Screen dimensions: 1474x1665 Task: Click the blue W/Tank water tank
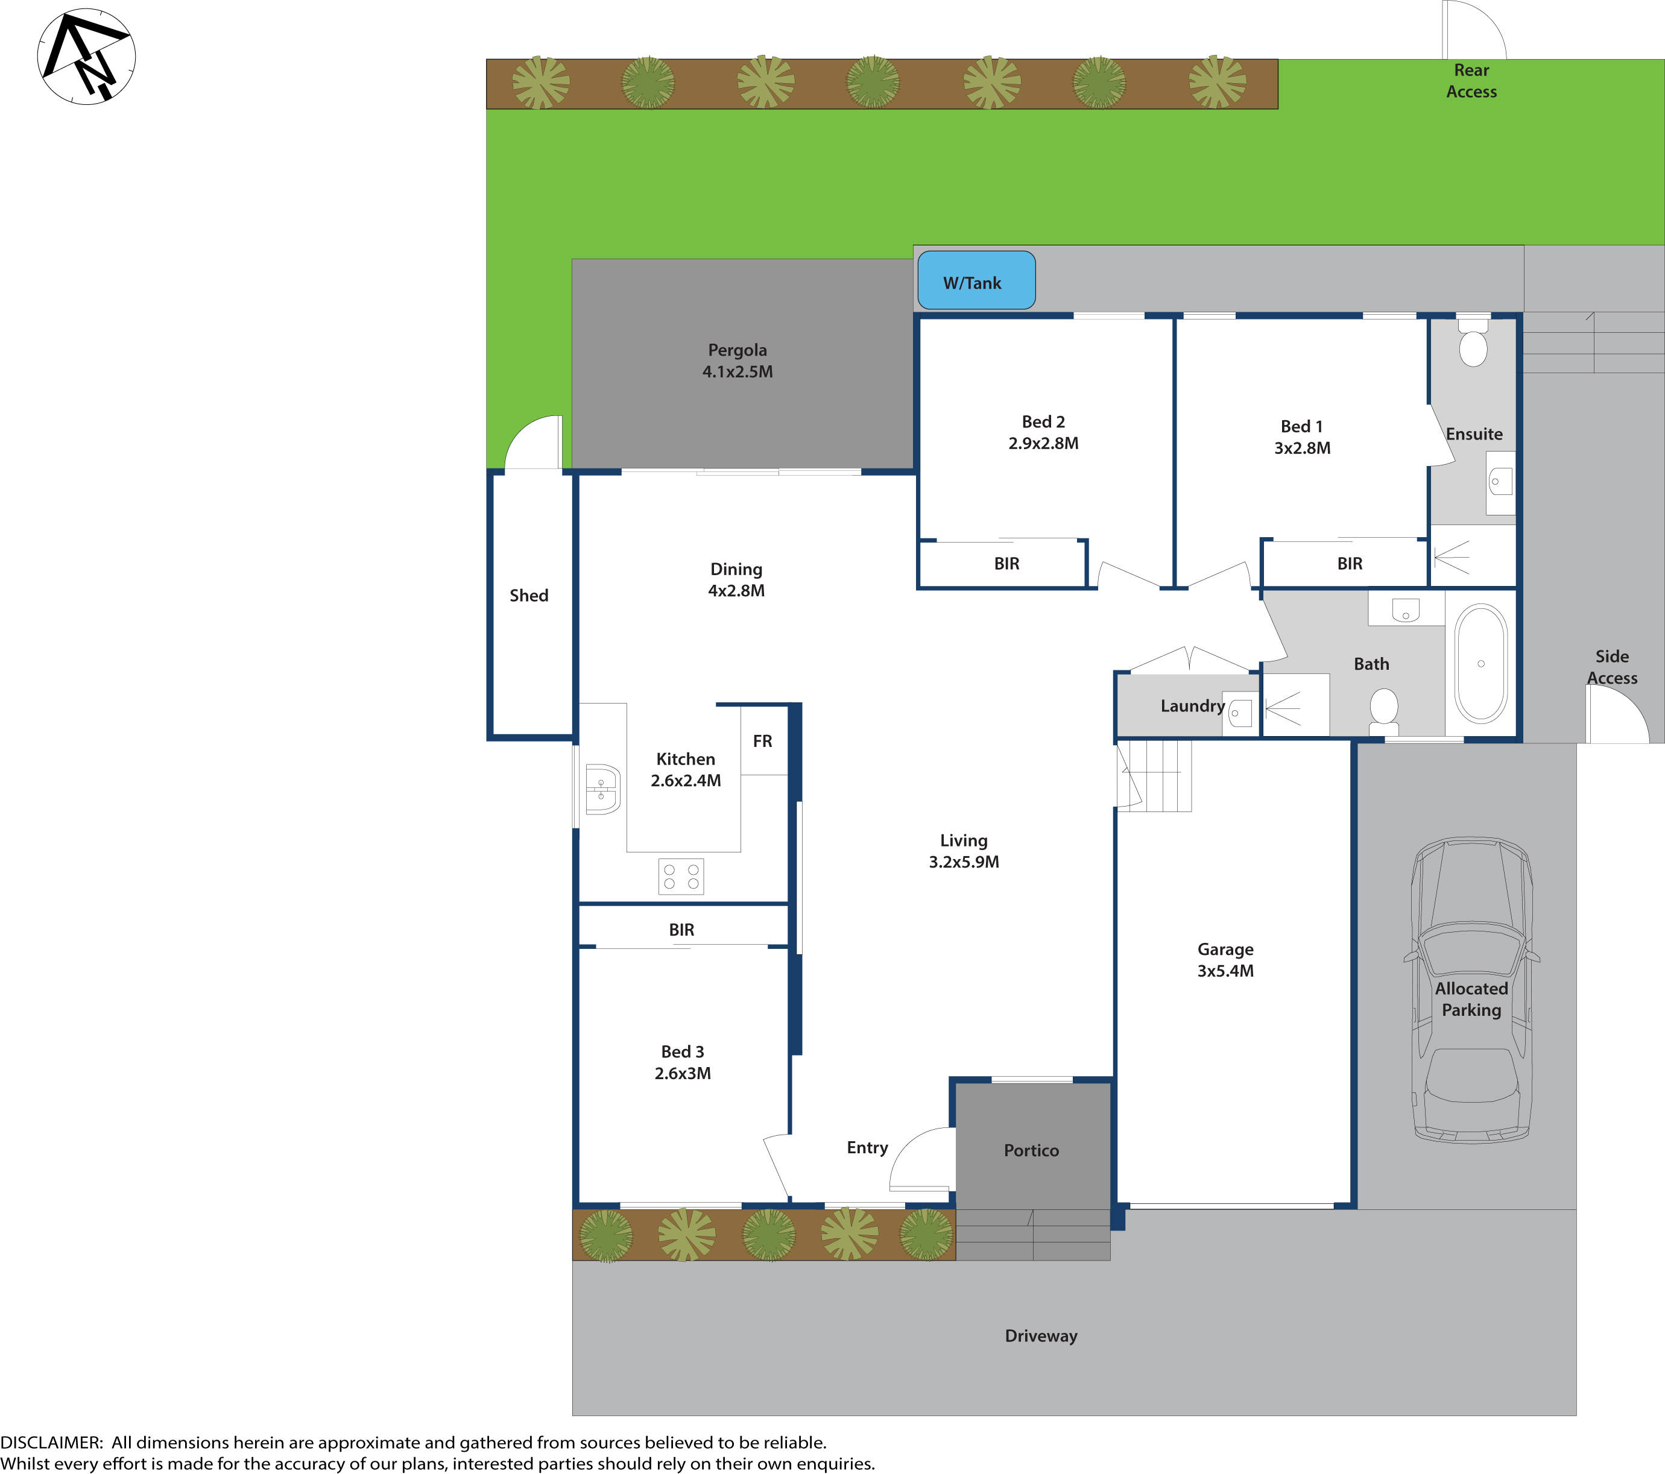coord(976,280)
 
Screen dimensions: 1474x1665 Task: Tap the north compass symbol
coord(86,56)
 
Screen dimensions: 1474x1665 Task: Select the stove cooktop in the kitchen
coord(681,876)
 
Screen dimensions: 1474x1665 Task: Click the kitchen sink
coord(602,789)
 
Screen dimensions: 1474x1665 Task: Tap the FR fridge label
coord(762,741)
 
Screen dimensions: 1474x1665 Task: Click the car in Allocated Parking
coord(1471,989)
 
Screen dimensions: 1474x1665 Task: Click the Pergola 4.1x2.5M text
coord(737,361)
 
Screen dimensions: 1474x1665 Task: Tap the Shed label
coord(529,595)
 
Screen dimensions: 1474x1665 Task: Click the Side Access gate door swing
coord(1617,715)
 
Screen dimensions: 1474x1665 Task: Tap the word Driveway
coord(1040,1335)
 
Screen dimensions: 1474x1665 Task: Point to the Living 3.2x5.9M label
coord(964,851)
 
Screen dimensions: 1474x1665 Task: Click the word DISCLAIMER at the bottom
coord(51,1442)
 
